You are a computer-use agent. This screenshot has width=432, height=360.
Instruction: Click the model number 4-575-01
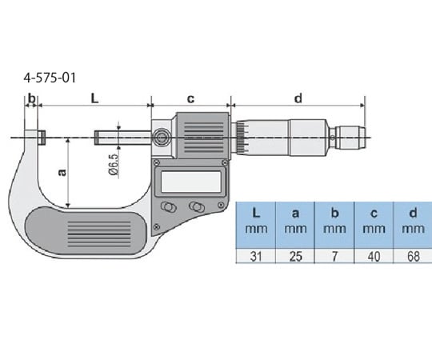[x=50, y=78]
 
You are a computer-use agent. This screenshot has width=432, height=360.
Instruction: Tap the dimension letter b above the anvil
[x=32, y=98]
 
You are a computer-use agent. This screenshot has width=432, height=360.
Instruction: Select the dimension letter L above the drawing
[x=94, y=98]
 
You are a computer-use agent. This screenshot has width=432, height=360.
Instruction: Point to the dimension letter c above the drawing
[x=190, y=98]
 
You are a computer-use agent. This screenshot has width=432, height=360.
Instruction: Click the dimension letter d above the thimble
[x=298, y=98]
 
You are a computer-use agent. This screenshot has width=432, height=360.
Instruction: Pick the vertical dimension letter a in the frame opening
[x=62, y=172]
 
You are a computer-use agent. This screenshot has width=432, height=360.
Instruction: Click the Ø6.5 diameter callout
[x=114, y=165]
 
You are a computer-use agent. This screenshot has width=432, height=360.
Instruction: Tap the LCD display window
[x=191, y=182]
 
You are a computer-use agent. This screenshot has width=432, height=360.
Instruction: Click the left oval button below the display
[x=168, y=207]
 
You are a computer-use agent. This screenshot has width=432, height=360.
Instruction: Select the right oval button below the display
[x=197, y=206]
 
